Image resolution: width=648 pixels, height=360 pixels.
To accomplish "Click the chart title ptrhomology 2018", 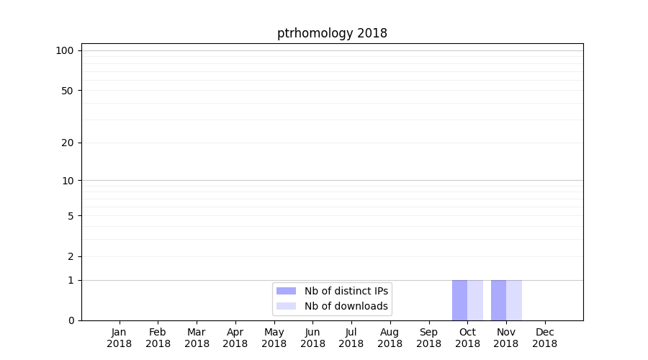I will point(332,33).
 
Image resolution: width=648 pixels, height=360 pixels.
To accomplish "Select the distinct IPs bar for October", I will point(459,300).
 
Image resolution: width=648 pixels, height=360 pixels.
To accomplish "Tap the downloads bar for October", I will point(475,300).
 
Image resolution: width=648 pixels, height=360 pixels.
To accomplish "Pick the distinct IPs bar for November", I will point(498,300).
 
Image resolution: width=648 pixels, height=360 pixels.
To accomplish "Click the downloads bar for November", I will point(514,300).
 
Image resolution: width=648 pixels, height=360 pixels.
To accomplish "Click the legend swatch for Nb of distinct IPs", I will point(286,291).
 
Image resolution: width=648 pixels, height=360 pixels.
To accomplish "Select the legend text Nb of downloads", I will point(346,306).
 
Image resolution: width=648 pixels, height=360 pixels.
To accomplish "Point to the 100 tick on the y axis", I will point(65,50).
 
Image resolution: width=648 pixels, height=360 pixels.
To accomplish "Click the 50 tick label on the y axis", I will point(68,91).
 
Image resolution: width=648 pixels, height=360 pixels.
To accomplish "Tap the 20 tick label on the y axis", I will point(68,143).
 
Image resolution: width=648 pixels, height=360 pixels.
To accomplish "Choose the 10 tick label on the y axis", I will point(68,181).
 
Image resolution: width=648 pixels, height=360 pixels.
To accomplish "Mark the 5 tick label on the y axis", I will point(71,216).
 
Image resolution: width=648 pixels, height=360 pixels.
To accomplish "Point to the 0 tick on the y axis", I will point(71,320).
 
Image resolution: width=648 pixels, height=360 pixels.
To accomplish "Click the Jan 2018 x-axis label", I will point(120,338).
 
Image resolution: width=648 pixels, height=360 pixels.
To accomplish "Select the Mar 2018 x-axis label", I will point(197,338).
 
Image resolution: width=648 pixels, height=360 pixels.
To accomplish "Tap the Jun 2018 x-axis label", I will point(312,338).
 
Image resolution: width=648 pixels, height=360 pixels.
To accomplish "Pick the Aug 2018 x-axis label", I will point(390,338).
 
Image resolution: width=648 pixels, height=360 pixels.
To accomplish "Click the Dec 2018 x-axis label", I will point(544,338).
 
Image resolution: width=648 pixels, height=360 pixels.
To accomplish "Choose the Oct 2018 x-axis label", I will point(467,338).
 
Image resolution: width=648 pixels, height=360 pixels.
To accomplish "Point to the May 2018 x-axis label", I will point(274,338).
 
